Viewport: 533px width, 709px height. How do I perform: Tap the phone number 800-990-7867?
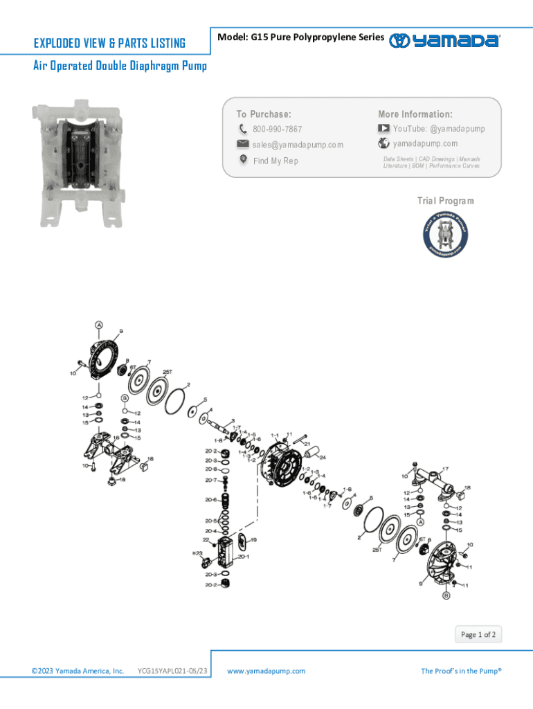pos(277,129)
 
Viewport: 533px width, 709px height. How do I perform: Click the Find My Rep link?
pos(275,161)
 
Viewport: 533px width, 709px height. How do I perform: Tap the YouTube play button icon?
pos(383,129)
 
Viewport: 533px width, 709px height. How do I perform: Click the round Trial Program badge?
pos(445,235)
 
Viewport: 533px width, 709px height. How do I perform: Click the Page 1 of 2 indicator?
pos(478,635)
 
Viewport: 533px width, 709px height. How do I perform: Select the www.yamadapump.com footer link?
pos(266,671)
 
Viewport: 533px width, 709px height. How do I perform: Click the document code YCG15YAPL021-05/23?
pos(172,671)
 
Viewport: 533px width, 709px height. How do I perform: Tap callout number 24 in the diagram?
pos(323,458)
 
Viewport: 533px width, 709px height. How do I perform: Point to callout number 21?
pos(307,443)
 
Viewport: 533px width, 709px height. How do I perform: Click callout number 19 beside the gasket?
pos(253,540)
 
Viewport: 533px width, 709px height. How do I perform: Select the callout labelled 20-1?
pos(244,556)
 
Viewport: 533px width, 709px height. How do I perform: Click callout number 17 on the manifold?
pos(445,469)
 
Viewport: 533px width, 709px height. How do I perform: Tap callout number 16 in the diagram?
pos(116,438)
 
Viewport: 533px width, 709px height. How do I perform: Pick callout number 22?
pos(206,540)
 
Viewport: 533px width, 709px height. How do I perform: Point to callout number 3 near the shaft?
pos(233,420)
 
